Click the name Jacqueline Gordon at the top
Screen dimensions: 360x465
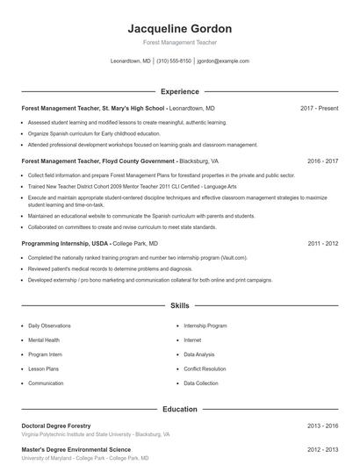click(179, 28)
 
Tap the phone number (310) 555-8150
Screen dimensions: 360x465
click(174, 61)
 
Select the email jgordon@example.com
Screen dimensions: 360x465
click(223, 61)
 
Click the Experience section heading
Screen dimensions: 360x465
click(179, 91)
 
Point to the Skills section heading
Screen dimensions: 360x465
click(179, 306)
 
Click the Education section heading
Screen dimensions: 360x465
click(179, 409)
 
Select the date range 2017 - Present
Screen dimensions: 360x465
click(319, 108)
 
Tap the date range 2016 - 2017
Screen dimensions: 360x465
click(322, 161)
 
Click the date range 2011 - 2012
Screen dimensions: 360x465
click(322, 243)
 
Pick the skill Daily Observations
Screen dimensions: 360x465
click(49, 325)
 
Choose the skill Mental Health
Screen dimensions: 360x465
click(44, 340)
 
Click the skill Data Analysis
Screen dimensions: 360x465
click(198, 354)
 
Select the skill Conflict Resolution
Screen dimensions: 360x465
click(205, 368)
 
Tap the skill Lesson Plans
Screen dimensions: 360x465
click(43, 368)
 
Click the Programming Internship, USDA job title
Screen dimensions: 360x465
click(65, 243)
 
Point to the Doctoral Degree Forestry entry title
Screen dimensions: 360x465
click(55, 426)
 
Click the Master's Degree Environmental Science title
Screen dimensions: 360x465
click(76, 449)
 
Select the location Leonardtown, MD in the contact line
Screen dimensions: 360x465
click(131, 61)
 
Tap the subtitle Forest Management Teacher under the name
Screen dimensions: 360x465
click(179, 42)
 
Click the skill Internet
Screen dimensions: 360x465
click(192, 340)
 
